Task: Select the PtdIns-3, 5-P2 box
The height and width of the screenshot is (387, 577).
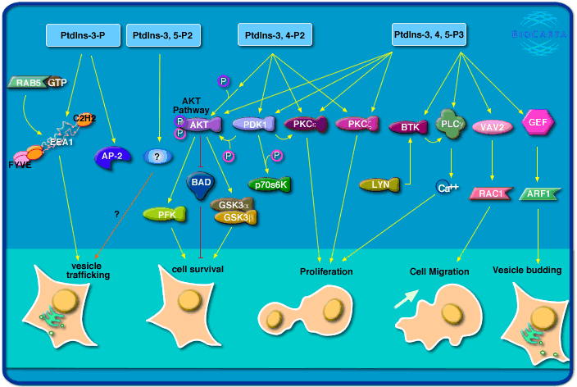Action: click(x=165, y=36)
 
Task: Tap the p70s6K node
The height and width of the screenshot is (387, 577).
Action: click(x=270, y=184)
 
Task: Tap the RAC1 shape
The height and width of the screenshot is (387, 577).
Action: click(x=493, y=194)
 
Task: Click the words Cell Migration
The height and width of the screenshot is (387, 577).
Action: click(x=438, y=271)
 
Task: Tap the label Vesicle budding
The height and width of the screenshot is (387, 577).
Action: click(x=527, y=270)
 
